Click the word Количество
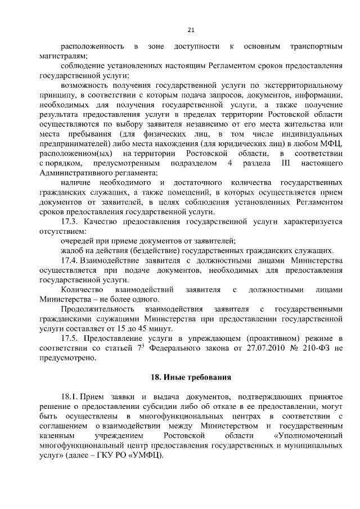coord(80,290)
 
